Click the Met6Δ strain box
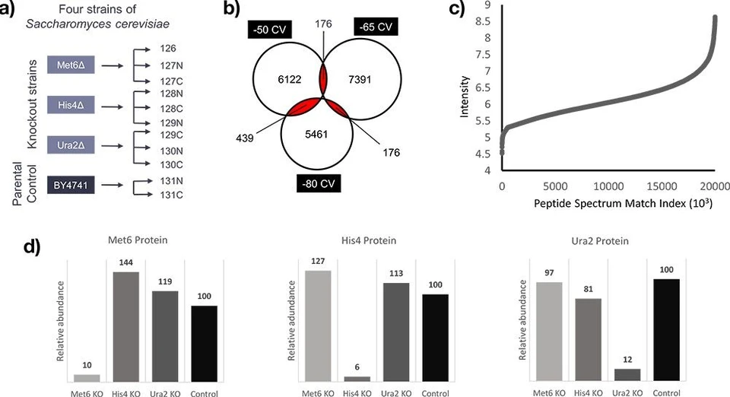[69, 67]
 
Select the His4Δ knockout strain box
[69, 104]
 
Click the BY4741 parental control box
[69, 184]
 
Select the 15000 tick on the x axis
[658, 185]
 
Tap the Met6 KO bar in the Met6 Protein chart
[87, 377]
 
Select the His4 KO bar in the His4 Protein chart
[357, 378]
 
